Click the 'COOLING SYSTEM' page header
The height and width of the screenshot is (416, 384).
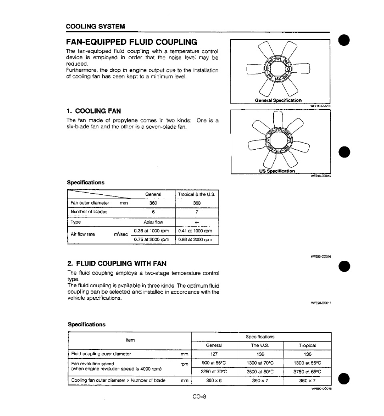click(96, 26)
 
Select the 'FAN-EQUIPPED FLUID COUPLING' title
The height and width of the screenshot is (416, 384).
click(132, 42)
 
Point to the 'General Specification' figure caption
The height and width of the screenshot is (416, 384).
click(278, 100)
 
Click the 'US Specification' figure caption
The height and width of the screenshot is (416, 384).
click(277, 171)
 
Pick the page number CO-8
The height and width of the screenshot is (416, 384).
click(199, 397)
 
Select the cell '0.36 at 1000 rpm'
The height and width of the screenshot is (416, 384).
click(153, 231)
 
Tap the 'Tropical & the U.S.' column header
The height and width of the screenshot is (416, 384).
click(197, 194)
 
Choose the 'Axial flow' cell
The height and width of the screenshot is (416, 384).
click(153, 222)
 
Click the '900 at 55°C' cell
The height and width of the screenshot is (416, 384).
click(214, 363)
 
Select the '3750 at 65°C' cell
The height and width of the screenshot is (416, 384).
click(307, 372)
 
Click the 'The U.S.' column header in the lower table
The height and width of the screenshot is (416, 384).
click(260, 345)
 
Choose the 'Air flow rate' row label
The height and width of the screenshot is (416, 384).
click(83, 234)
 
